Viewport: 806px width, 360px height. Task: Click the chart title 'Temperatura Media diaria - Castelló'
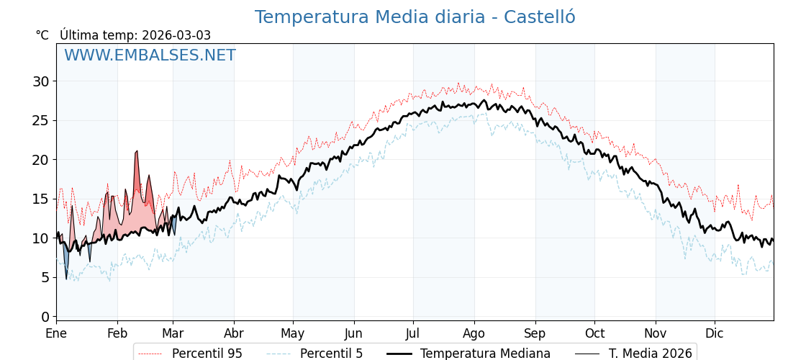[x=415, y=17]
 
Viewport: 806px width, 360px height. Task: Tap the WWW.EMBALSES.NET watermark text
[x=150, y=55]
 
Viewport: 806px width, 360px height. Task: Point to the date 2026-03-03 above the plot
[x=176, y=35]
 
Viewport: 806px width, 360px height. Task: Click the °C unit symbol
[x=42, y=35]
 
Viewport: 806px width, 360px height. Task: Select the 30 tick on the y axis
[x=41, y=81]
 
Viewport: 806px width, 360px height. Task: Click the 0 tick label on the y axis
[x=45, y=317]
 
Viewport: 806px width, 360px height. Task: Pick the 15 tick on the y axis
[x=41, y=199]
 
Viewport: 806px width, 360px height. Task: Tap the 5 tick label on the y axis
[x=45, y=277]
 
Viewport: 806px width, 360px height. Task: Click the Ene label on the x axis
[x=56, y=333]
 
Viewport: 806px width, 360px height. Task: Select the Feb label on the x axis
[x=117, y=333]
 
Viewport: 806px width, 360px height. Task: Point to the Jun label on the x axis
[x=353, y=333]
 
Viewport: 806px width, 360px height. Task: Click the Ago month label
[x=474, y=333]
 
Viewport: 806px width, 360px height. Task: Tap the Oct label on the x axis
[x=594, y=333]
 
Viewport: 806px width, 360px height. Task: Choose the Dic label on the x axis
[x=715, y=333]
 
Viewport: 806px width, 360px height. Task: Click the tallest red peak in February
[x=137, y=153]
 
